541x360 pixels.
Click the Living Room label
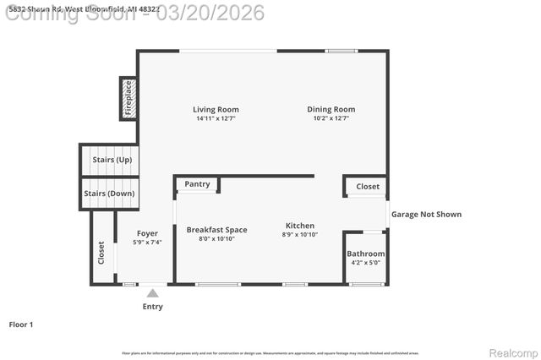[216, 109]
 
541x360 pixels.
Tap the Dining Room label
[331, 109]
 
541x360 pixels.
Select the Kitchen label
[299, 226]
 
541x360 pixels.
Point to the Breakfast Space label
[216, 230]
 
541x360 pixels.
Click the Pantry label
[197, 184]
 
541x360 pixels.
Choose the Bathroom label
[365, 254]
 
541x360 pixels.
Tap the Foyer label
[147, 233]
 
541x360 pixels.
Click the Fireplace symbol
[128, 97]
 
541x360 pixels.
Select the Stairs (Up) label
[107, 160]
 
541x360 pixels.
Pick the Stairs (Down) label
[109, 194]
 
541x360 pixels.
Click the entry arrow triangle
[152, 292]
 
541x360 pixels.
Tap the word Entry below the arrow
[152, 307]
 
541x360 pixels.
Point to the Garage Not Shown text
[426, 214]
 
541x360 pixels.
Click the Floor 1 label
[20, 325]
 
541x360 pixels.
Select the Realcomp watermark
[510, 352]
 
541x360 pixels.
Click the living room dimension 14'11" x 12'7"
[216, 118]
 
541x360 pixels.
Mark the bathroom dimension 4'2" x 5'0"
[365, 263]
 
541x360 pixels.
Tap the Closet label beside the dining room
[368, 187]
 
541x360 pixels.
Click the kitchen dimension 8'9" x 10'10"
[299, 235]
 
